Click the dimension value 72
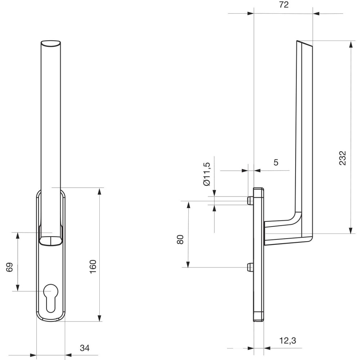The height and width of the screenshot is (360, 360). (284, 5)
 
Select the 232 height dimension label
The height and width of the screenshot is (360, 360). (342, 158)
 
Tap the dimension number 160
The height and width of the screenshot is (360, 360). (93, 266)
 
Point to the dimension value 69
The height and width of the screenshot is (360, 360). (9, 267)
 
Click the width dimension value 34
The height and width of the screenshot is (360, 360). (85, 348)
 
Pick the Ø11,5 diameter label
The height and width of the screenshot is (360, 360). (207, 174)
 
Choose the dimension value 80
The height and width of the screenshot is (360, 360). (180, 239)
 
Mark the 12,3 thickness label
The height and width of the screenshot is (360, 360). (288, 341)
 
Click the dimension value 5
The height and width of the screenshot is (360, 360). (276, 162)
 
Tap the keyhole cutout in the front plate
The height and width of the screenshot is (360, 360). (51, 298)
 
